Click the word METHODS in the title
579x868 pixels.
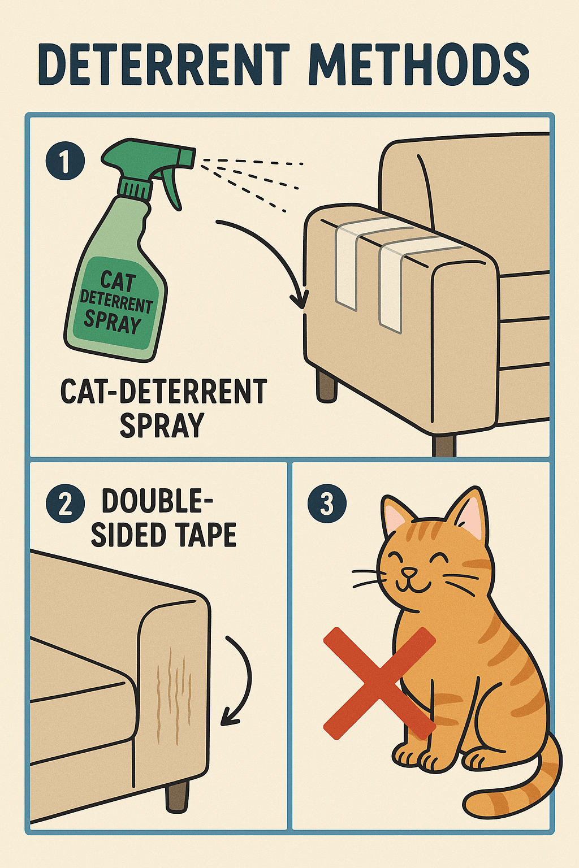click(420, 65)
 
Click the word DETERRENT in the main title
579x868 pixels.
click(164, 65)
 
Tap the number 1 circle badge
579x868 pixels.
click(65, 161)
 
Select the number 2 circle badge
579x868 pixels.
click(65, 504)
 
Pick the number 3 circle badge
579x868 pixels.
click(327, 504)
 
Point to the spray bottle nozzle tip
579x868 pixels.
click(193, 158)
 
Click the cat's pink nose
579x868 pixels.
click(409, 571)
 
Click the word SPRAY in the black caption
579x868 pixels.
click(162, 425)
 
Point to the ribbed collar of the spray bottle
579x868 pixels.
click(136, 188)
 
